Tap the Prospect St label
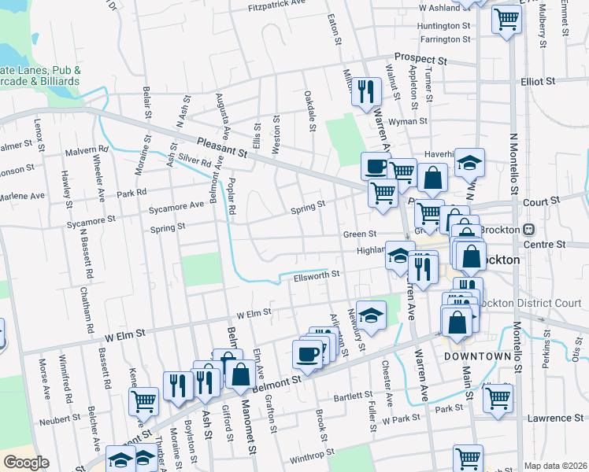click(x=420, y=58)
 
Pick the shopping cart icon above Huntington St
click(x=506, y=18)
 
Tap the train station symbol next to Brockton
click(x=529, y=229)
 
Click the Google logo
click(x=26, y=463)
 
